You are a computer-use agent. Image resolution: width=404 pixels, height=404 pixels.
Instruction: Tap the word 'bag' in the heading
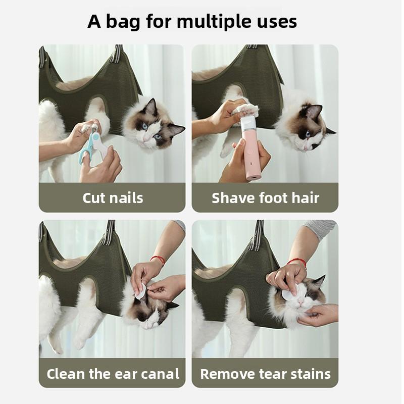pyautogui.click(x=123, y=22)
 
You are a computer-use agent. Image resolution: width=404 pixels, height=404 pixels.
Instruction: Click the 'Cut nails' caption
pyautogui.click(x=113, y=198)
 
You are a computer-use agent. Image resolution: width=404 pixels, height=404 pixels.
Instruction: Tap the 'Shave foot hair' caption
pyautogui.click(x=266, y=198)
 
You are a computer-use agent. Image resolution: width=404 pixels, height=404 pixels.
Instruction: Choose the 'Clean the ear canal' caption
pyautogui.click(x=113, y=374)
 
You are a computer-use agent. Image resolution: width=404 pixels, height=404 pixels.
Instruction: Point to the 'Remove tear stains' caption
pyautogui.click(x=266, y=374)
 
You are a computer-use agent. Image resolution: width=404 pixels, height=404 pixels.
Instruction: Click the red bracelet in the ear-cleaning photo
pyautogui.click(x=158, y=259)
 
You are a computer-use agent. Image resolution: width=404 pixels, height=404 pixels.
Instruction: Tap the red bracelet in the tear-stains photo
pyautogui.click(x=297, y=262)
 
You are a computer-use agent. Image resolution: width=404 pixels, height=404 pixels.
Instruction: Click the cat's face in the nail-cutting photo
pyautogui.click(x=153, y=128)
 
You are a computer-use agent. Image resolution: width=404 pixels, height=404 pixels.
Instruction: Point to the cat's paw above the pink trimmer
pyautogui.click(x=245, y=110)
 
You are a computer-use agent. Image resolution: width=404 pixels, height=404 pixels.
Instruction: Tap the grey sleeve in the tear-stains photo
pyautogui.click(x=321, y=229)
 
